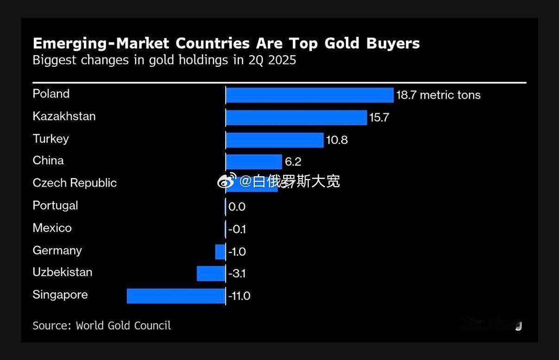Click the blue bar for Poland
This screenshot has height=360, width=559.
[309, 95]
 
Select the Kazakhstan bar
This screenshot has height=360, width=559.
[296, 117]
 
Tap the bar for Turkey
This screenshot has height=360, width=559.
[274, 140]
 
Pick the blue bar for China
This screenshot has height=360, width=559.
[254, 162]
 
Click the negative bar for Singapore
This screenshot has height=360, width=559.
[176, 296]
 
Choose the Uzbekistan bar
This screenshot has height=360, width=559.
[211, 273]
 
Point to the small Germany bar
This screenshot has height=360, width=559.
[220, 252]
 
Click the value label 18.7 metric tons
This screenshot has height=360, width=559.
[438, 95]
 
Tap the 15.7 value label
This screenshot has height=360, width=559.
[379, 118]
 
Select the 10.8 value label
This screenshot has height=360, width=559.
[337, 140]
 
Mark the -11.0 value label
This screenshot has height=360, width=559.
[239, 296]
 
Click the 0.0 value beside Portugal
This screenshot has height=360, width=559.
[237, 207]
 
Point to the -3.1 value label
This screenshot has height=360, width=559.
[237, 274]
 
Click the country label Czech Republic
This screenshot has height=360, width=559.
[75, 183]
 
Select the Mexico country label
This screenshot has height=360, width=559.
[52, 228]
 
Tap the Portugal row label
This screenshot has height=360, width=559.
[55, 206]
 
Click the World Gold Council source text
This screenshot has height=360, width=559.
[123, 326]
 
